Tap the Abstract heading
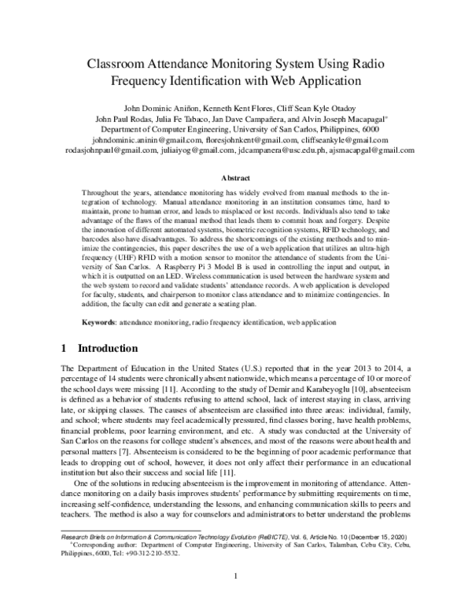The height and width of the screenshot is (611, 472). (236, 179)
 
